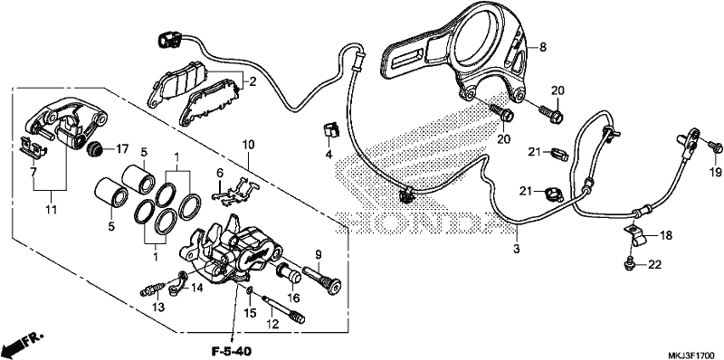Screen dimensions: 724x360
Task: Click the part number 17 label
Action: pos(121,148)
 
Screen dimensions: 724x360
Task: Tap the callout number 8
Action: pos(542,46)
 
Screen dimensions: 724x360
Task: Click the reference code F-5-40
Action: pos(229,351)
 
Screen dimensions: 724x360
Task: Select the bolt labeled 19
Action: pos(716,147)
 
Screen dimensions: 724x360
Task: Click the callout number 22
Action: pos(654,264)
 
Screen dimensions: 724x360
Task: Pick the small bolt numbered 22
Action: pos(629,262)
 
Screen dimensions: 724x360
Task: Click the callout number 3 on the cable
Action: pos(517,249)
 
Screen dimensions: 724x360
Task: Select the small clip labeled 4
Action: pos(329,129)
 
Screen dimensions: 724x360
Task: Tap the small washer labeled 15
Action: pos(250,290)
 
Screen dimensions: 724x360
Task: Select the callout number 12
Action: pos(273,324)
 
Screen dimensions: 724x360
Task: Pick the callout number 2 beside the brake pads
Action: pos(252,82)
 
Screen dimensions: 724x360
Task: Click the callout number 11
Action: pos(51,210)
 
